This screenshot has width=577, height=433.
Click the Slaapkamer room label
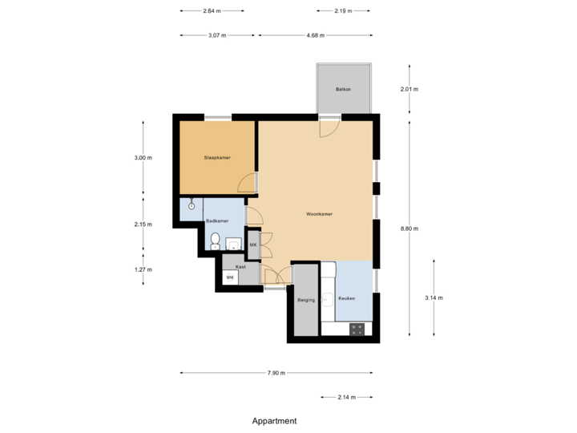pos(217,158)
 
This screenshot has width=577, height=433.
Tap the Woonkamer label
pos(320,215)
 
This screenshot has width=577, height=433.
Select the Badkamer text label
pos(216,221)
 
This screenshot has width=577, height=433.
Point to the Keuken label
pos(346,298)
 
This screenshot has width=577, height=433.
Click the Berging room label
pos(305,300)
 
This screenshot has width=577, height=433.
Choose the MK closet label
pos(253,245)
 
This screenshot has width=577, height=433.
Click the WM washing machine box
pos(231,277)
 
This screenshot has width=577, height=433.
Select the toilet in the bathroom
pos(215,241)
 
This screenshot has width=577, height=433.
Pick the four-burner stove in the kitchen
pos(357,328)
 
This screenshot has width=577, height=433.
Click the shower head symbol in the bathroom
pos(192,206)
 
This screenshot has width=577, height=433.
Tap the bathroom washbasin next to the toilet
pos(233,244)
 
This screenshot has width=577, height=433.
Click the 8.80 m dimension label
pos(410,229)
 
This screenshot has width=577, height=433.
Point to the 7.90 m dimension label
pos(276,373)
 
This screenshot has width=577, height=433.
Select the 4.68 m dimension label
pos(315,35)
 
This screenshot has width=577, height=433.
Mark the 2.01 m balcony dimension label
pos(410,89)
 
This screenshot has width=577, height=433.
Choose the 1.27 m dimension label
pos(143,269)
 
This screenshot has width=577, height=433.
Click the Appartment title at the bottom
pos(275,420)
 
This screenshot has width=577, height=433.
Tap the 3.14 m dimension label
pos(434,297)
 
